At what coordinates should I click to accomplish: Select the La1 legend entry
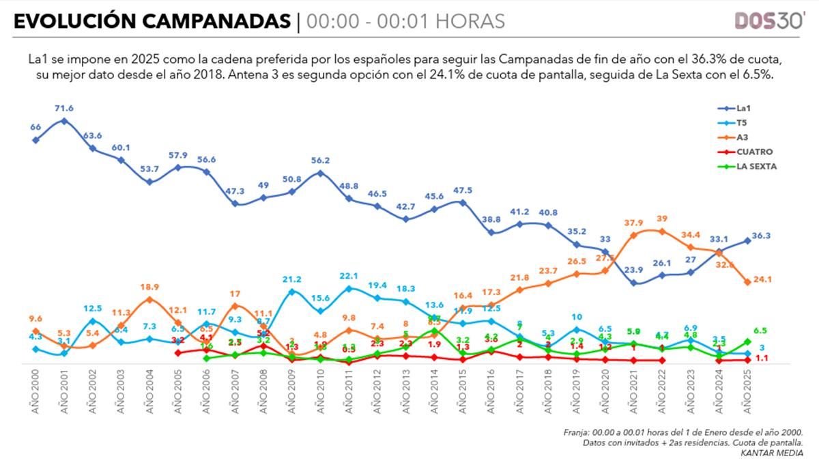click(743, 108)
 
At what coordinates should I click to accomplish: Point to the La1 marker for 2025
click(747, 240)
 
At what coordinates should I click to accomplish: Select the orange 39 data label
click(661, 219)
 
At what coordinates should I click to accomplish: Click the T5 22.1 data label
click(349, 275)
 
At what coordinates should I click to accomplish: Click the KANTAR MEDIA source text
click(778, 453)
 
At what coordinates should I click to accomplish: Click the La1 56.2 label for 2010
click(320, 161)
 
